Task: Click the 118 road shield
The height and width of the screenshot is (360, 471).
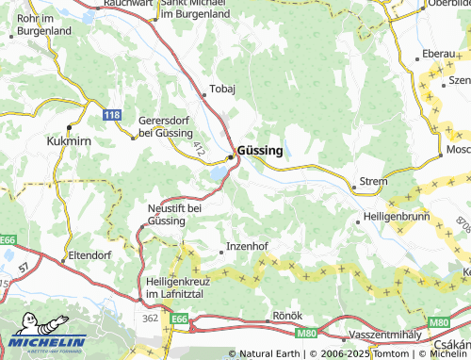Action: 112,114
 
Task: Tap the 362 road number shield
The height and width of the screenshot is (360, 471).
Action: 150,319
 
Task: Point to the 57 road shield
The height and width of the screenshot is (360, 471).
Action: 21,272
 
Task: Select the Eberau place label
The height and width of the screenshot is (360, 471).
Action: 439,54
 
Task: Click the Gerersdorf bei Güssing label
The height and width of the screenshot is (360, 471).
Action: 166,126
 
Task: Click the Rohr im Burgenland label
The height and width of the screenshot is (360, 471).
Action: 43,24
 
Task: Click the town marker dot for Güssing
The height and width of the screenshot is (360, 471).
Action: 231,157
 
